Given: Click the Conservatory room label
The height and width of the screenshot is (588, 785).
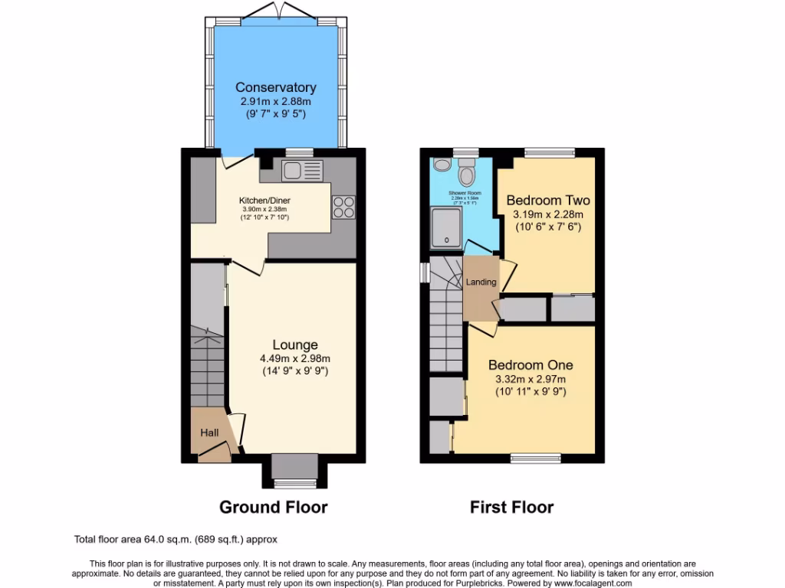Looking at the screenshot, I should pos(275,87).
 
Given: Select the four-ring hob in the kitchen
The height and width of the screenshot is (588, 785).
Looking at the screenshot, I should pos(343,207).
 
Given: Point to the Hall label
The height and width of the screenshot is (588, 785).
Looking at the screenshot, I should pos(209,433).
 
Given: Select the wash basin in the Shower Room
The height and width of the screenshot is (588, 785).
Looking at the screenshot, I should pos(441,165).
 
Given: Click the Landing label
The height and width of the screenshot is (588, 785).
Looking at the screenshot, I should pos(481,282).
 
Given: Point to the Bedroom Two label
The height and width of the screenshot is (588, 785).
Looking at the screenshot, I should pos(547,201).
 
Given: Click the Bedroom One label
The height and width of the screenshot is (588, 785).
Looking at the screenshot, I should pos(530,365).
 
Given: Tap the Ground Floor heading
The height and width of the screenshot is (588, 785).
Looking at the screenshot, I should pos(273,507).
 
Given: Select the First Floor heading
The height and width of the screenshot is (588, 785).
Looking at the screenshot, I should pos(511,507).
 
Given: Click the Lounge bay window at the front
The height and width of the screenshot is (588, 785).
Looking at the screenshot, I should pos(294,482).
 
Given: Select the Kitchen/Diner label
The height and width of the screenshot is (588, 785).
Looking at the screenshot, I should pos(264,201).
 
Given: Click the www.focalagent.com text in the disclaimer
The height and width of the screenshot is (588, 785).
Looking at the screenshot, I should pos(588,583).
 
